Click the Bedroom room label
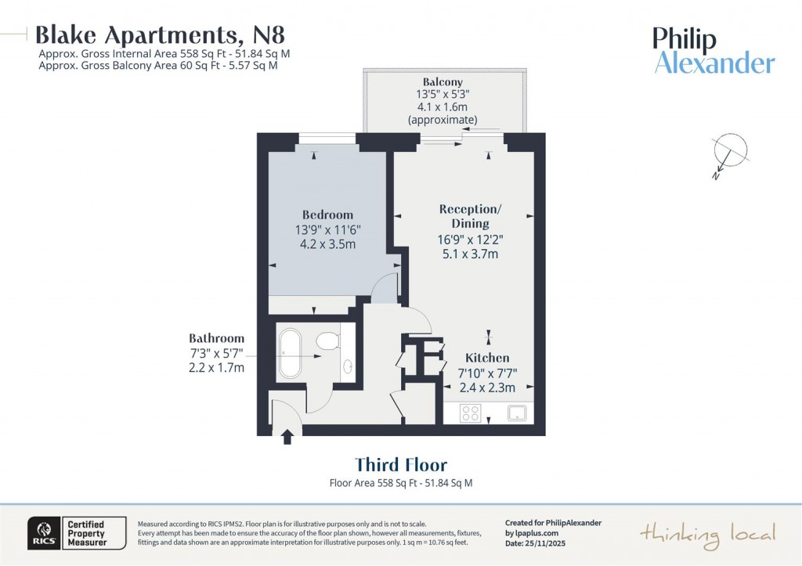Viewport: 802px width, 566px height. pyautogui.click(x=327, y=215)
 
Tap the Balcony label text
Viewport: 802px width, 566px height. pyautogui.click(x=443, y=81)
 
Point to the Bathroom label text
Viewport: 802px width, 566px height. pyautogui.click(x=216, y=338)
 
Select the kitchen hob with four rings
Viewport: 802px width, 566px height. pyautogui.click(x=470, y=413)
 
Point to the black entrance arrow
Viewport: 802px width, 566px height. pyautogui.click(x=287, y=436)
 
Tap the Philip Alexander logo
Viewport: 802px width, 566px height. pyautogui.click(x=713, y=50)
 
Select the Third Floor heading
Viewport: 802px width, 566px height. pyautogui.click(x=400, y=465)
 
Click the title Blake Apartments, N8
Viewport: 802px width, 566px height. pyautogui.click(x=160, y=34)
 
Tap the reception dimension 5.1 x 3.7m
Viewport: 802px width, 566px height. pyautogui.click(x=469, y=254)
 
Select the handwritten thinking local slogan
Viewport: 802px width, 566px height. pyautogui.click(x=708, y=534)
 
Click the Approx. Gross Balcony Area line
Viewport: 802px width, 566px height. pyautogui.click(x=157, y=66)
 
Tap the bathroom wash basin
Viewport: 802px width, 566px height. pyautogui.click(x=348, y=366)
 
